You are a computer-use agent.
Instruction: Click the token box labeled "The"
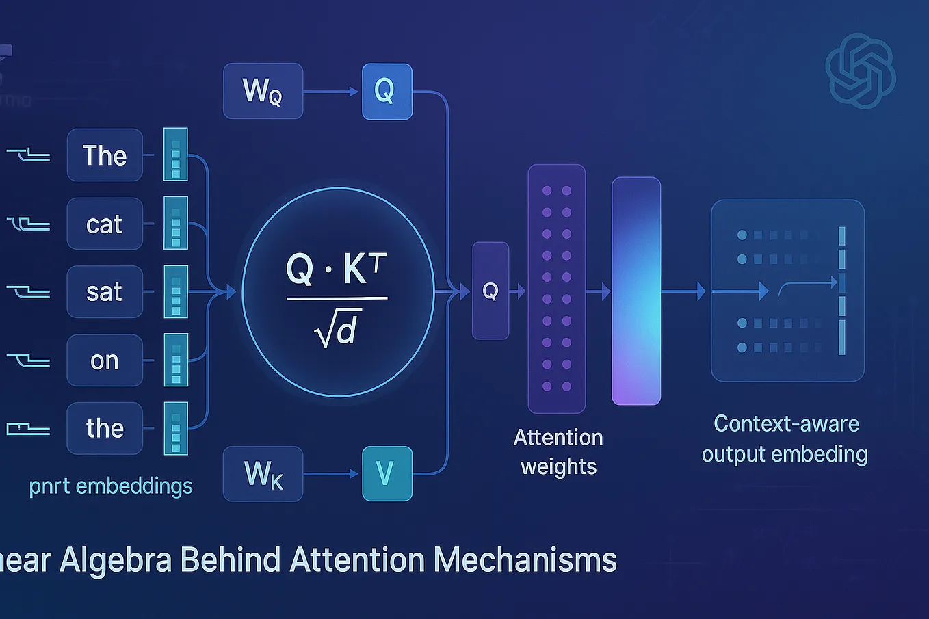[x=105, y=155]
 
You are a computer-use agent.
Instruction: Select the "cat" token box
[x=105, y=224]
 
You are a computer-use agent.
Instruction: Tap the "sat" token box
[x=105, y=292]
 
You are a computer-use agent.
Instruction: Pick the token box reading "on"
[x=105, y=360]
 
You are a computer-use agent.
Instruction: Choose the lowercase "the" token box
[x=105, y=429]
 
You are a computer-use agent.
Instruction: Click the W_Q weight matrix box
[x=263, y=91]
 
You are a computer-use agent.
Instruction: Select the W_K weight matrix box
[x=263, y=473]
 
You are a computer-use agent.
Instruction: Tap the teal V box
[x=387, y=473]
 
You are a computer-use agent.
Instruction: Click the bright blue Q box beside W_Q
[x=387, y=91]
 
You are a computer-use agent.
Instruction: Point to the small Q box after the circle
[x=490, y=291]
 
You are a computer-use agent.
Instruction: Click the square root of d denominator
[x=337, y=331]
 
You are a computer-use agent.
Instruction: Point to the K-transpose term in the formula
[x=365, y=269]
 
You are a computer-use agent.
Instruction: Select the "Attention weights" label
[x=558, y=451]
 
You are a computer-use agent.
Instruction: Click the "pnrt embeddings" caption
[x=111, y=486]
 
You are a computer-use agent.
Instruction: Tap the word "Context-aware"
[x=786, y=423]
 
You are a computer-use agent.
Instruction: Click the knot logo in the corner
[x=860, y=71]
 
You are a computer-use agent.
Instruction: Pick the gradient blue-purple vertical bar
[x=636, y=291]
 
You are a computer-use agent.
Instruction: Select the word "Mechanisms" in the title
[x=525, y=559]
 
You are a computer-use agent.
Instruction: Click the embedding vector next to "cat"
[x=176, y=224]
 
